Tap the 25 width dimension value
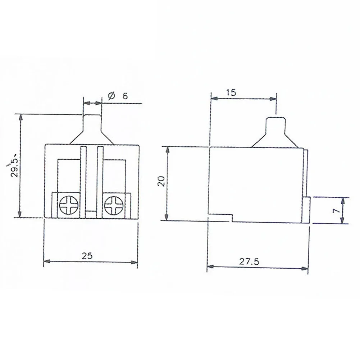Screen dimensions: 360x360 click(x=87, y=256)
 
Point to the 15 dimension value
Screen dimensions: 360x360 click(x=231, y=92)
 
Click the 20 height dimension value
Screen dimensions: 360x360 click(x=161, y=181)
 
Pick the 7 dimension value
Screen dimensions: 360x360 click(x=336, y=211)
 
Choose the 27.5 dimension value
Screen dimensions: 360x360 click(x=250, y=261)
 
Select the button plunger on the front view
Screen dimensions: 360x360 click(x=92, y=124)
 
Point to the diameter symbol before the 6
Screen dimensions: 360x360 click(x=111, y=96)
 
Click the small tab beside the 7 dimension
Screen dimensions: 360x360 click(x=307, y=210)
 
